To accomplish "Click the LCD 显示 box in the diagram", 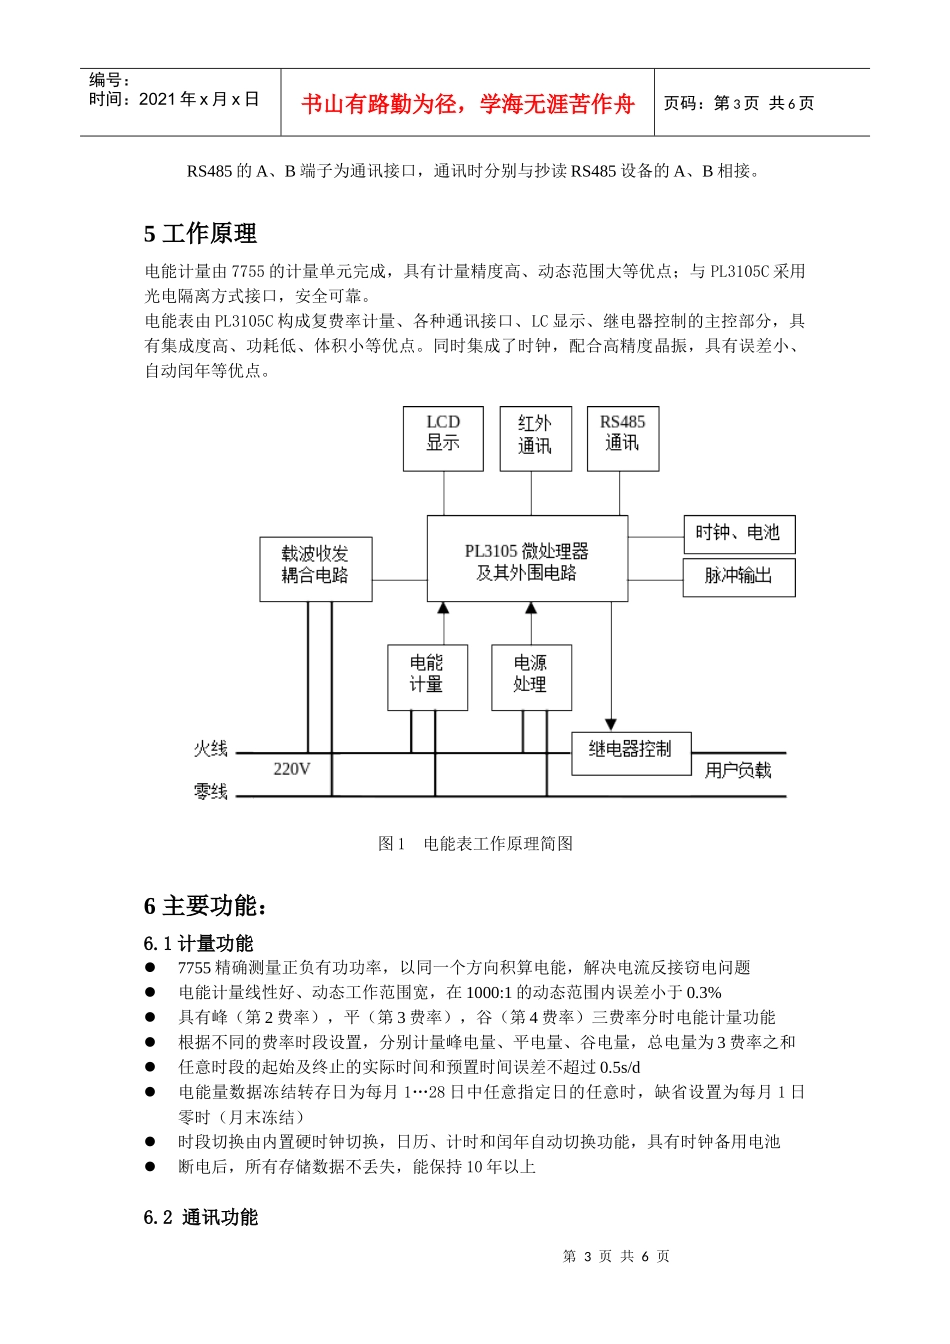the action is [443, 438].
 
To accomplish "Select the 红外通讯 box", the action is [535, 438].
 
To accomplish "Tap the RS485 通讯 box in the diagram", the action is [622, 438].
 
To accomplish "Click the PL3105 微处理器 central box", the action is [527, 559].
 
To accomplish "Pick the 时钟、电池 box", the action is [738, 533].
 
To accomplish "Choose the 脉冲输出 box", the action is [738, 576].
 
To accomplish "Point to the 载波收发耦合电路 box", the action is [315, 569].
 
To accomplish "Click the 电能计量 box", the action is [427, 677].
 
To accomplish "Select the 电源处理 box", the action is [531, 677].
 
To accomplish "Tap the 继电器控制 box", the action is [631, 753].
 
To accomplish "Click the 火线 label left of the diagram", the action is [211, 749].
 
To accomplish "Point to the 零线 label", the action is [211, 792].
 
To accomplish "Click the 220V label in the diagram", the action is [291, 769].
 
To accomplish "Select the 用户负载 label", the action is [738, 770].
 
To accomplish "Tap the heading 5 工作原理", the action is [200, 234].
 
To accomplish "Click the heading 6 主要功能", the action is [205, 906].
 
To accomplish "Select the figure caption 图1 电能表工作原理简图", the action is [475, 844].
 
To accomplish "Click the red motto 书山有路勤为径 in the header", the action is [467, 104].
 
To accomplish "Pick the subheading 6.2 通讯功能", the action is [201, 1217].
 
